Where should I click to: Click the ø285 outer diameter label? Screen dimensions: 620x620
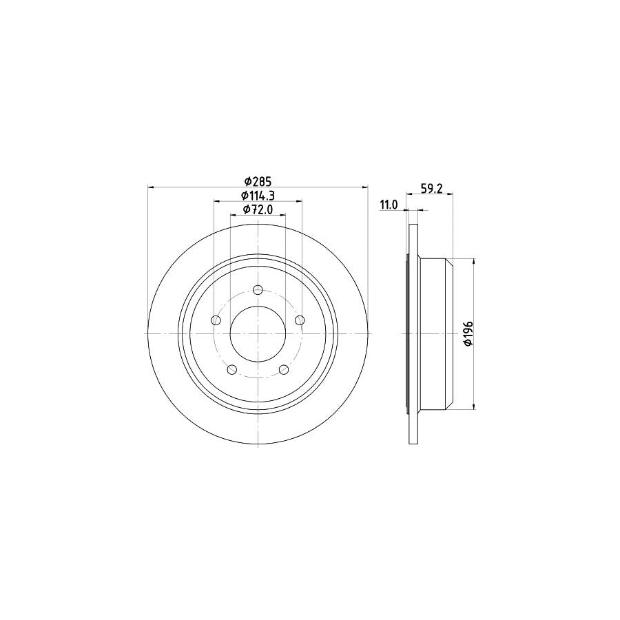point(258,181)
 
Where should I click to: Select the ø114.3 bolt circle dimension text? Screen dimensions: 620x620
point(258,196)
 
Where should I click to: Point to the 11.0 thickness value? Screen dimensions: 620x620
point(389,204)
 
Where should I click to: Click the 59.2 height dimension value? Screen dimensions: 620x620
point(431,185)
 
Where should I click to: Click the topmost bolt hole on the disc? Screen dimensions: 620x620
point(258,289)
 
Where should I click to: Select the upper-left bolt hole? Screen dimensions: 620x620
point(216,320)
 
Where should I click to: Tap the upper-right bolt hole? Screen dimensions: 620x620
point(300,320)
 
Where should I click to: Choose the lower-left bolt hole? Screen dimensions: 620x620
point(231,370)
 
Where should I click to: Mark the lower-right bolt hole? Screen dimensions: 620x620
point(284,370)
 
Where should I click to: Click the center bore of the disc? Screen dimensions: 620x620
point(258,334)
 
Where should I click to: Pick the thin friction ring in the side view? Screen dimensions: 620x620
point(413,334)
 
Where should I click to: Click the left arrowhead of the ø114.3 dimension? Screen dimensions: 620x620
point(216,201)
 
